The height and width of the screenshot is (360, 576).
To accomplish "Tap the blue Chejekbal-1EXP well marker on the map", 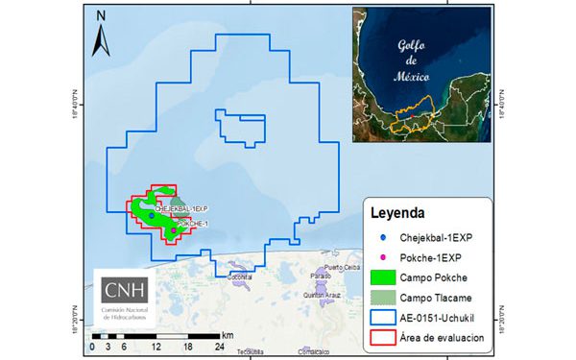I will pyautogui.click(x=152, y=216).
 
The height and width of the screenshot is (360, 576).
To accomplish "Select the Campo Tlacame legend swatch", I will pyautogui.click(x=382, y=298).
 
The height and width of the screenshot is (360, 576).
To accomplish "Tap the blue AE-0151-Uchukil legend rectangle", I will pyautogui.click(x=382, y=318).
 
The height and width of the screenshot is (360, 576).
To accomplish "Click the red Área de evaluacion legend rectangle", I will pyautogui.click(x=382, y=339).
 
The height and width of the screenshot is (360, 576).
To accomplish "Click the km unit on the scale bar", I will pyautogui.click(x=228, y=335).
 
